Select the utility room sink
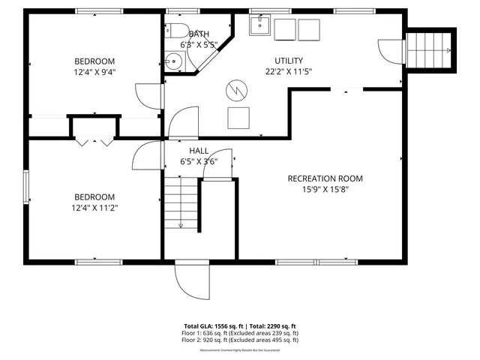tap(259, 25)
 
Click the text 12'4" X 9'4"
tap(94, 73)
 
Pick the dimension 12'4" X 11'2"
tap(94, 208)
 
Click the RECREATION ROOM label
tap(325, 178)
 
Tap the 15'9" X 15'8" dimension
tap(325, 190)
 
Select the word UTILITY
tap(289, 61)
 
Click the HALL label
tap(199, 151)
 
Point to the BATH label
tap(199, 34)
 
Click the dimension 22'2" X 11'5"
tap(289, 72)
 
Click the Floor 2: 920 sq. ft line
tap(240, 340)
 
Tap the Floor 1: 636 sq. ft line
tap(240, 333)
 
